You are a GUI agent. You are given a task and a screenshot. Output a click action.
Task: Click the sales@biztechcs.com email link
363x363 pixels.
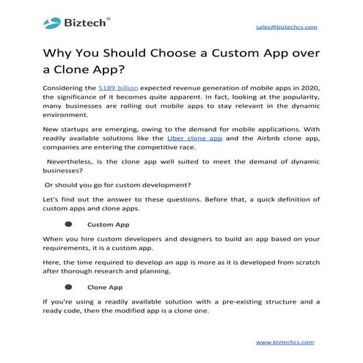click(286, 26)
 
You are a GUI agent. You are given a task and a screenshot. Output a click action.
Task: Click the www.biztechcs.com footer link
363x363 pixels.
click(285, 342)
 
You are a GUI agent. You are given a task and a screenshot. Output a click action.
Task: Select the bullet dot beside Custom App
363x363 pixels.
click(68, 224)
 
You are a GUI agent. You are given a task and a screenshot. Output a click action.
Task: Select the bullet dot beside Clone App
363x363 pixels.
click(68, 287)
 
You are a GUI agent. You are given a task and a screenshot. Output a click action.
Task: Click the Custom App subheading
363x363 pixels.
click(108, 224)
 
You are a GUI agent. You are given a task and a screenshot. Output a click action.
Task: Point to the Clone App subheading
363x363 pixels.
click(105, 287)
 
